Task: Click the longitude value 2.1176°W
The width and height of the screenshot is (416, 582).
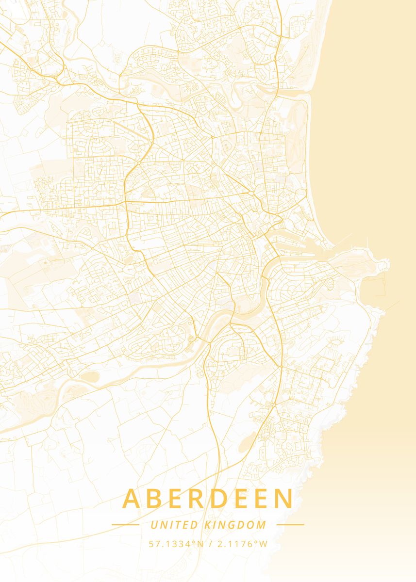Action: [x=241, y=544]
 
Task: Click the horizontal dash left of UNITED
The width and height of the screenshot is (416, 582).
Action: [x=125, y=524]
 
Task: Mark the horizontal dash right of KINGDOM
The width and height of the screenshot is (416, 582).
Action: [x=290, y=524]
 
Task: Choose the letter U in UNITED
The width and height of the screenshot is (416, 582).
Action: [x=154, y=525]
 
